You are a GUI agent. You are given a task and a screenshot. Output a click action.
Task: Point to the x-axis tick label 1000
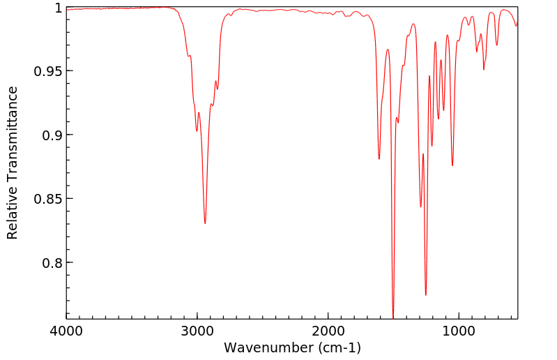tap(459, 330)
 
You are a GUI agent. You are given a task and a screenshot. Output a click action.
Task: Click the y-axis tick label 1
tap(59, 8)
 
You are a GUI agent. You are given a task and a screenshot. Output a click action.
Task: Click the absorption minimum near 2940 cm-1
tap(205, 223)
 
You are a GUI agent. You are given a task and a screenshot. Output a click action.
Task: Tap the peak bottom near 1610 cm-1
tap(379, 159)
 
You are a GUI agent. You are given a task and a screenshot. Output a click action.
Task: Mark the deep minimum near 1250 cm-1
tap(426, 295)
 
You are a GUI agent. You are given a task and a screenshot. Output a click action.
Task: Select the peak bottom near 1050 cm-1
tap(452, 165)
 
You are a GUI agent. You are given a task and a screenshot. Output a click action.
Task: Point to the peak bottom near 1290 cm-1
tap(420, 207)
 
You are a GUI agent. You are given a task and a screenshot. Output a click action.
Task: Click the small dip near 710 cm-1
tap(497, 45)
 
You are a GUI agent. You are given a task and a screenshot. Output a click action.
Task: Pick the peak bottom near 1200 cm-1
tap(432, 146)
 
